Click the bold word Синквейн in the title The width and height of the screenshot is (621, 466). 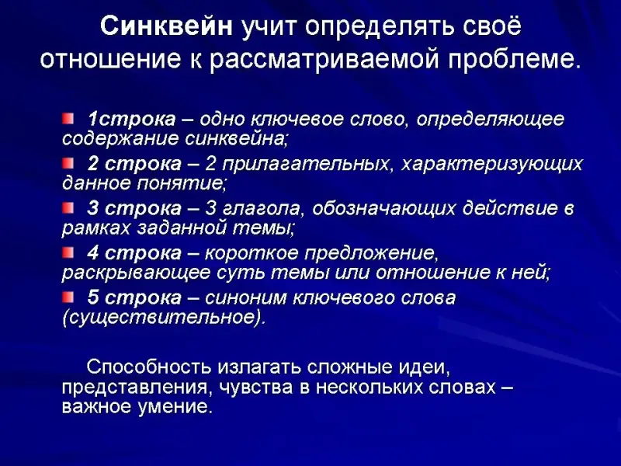point(167,28)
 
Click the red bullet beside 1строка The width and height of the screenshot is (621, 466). point(68,119)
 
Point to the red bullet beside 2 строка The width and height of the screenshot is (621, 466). point(68,163)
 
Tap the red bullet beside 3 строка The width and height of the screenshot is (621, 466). point(68,207)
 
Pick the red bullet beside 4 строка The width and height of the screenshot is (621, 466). point(68,252)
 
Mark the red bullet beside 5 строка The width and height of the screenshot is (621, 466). point(68,297)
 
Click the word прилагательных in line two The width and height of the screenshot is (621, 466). point(306,165)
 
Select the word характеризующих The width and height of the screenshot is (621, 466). point(492,165)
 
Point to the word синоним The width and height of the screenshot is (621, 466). point(245,298)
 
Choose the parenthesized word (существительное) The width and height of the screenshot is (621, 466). point(162,318)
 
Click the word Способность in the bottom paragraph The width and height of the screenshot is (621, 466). point(148,367)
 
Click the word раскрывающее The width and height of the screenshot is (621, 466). point(137,273)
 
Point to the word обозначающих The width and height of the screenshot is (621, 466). point(384,209)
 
